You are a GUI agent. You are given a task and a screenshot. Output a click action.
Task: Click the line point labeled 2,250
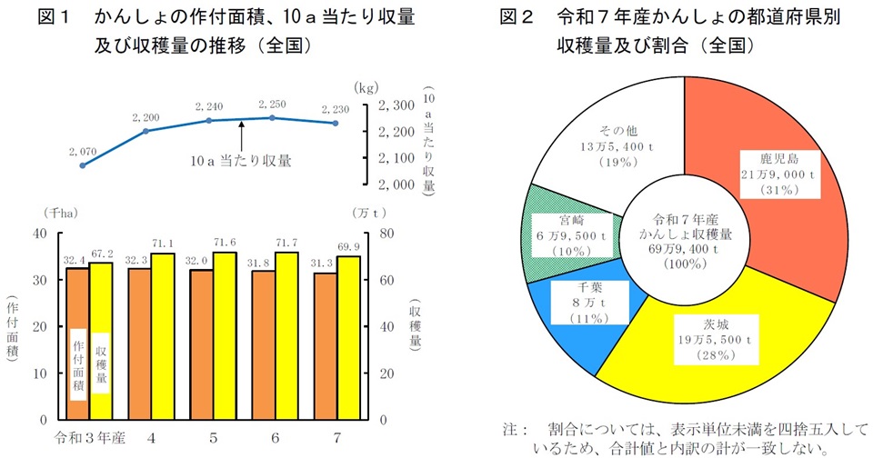[273, 117]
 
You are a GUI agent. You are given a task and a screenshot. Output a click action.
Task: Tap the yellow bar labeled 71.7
[287, 336]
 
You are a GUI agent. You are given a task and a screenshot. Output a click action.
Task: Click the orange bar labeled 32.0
[201, 344]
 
